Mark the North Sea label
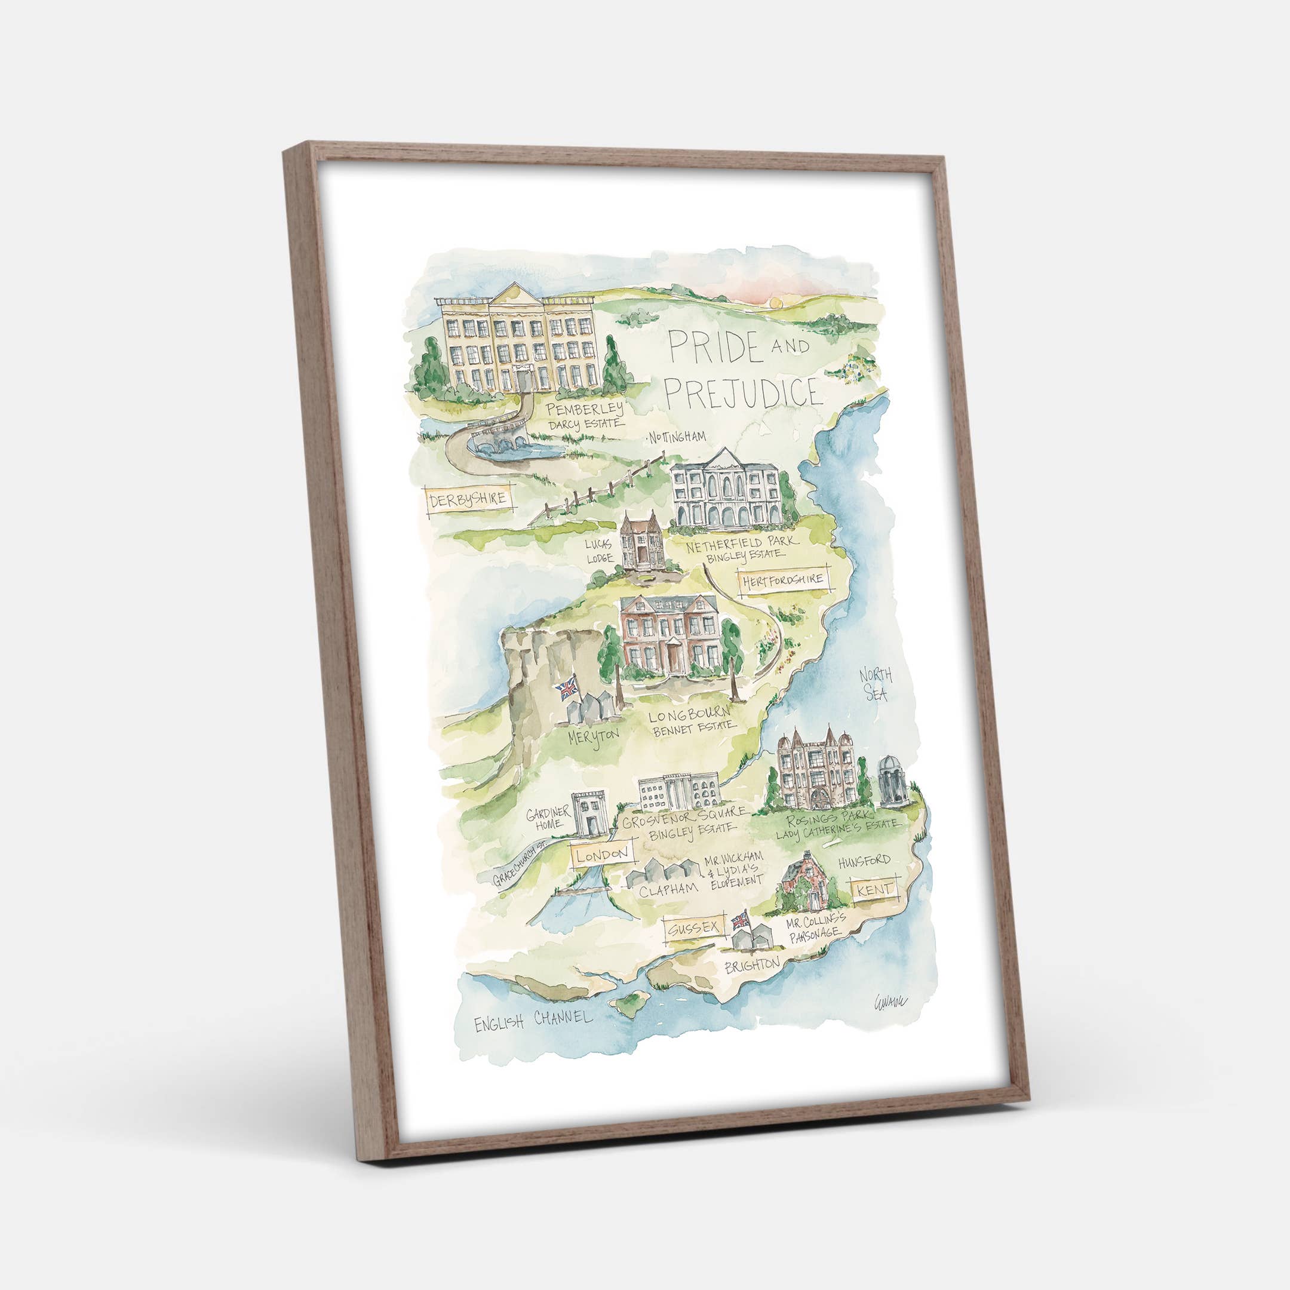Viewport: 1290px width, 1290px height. pyautogui.click(x=876, y=684)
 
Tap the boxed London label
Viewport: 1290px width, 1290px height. pyautogui.click(x=601, y=854)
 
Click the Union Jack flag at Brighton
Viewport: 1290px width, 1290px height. pyautogui.click(x=741, y=922)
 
